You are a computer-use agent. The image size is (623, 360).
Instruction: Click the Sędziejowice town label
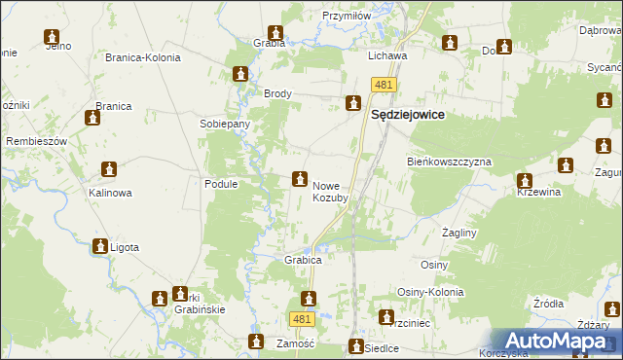409,114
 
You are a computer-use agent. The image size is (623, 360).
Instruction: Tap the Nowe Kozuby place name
330,191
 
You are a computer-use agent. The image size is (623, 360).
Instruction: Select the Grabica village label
303,261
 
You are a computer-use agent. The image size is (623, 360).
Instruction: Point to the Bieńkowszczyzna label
449,162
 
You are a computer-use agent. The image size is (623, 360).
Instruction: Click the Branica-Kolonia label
143,57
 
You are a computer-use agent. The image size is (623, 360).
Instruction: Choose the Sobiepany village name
225,125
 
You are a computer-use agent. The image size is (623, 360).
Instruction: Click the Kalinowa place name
110,193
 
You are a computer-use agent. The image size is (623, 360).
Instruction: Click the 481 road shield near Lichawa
383,86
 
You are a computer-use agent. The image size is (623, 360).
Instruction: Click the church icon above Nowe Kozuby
299,178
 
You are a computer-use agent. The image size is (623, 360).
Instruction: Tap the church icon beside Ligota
99,247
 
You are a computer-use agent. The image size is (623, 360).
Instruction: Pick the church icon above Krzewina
525,180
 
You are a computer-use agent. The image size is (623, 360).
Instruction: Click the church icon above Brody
240,74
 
